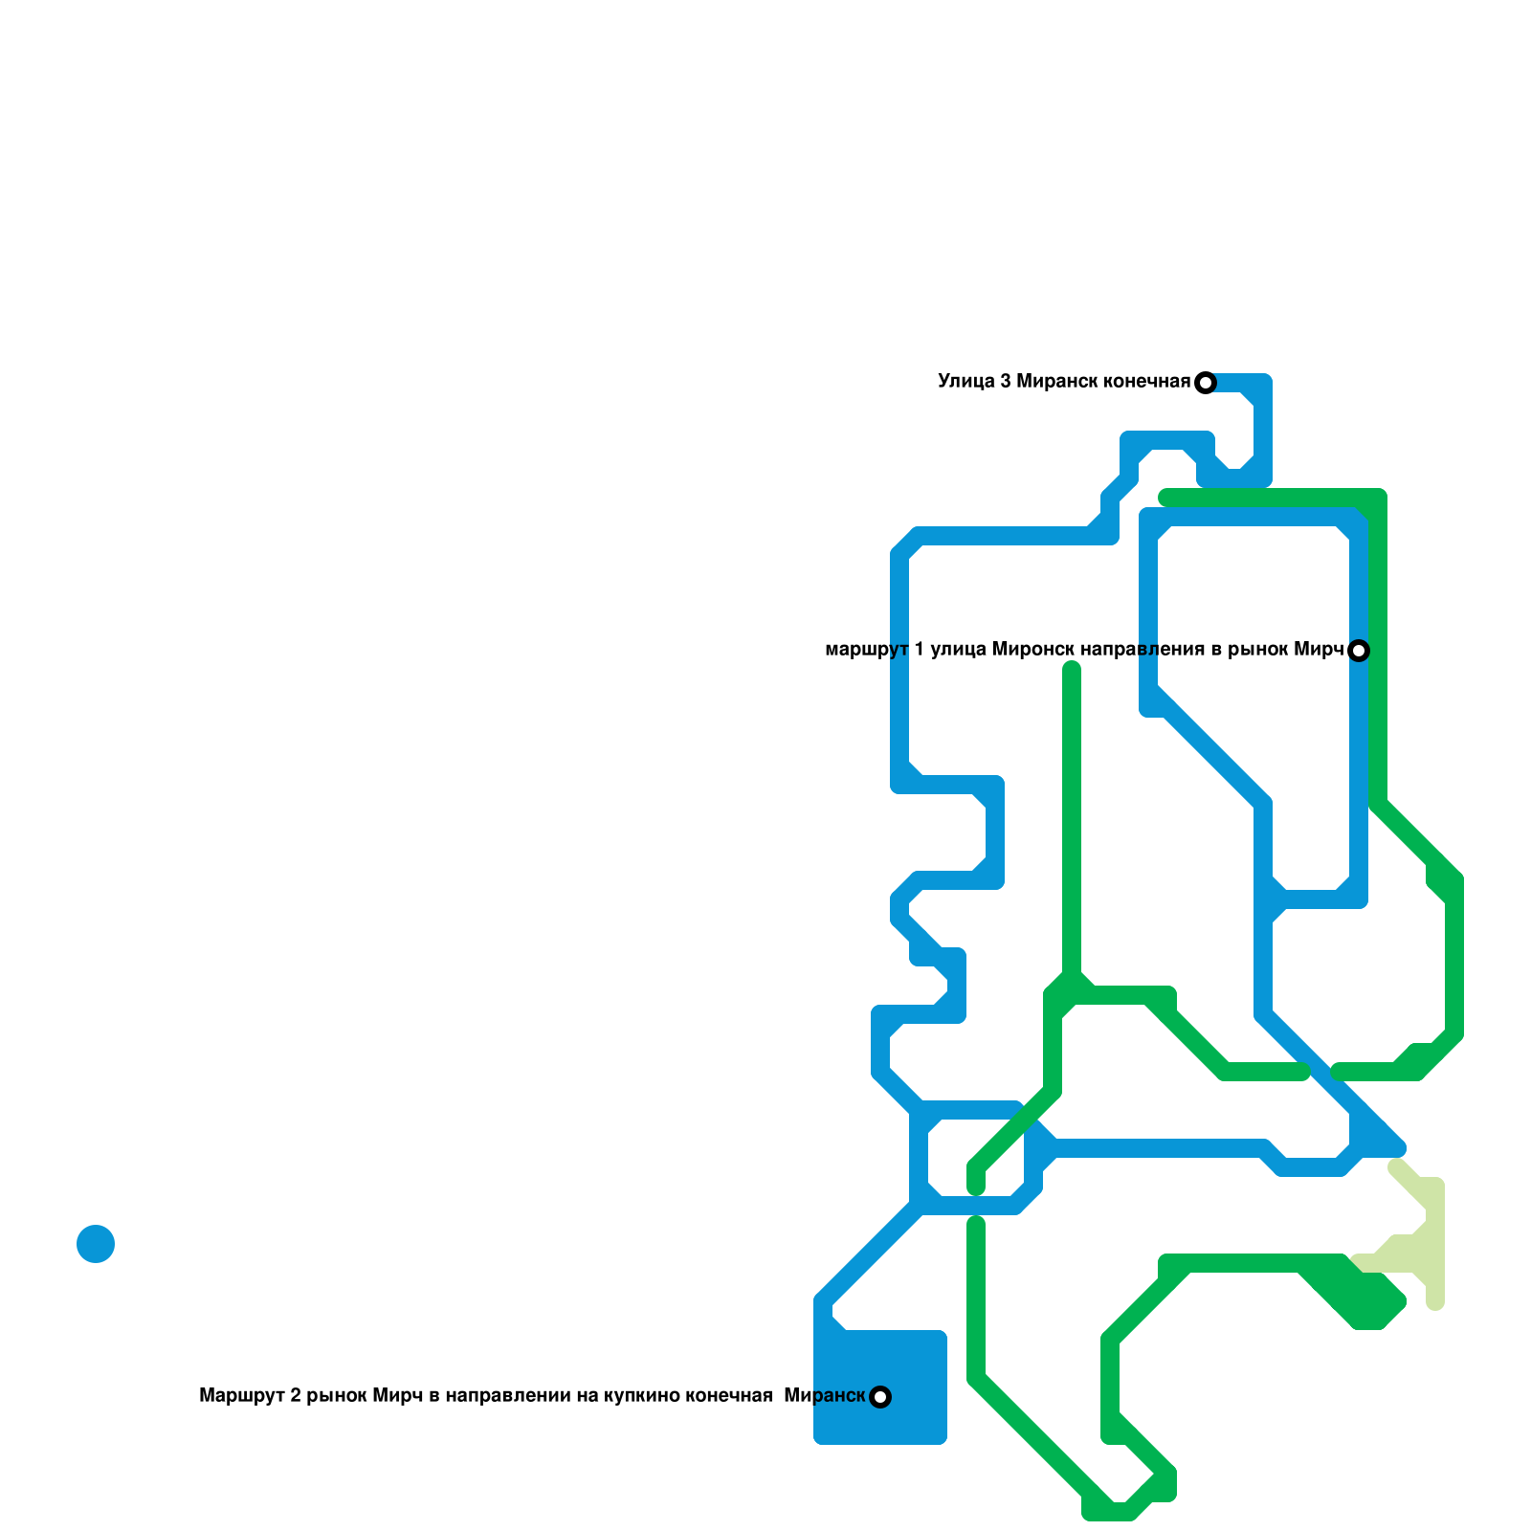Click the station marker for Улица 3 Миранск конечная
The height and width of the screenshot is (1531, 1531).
[1206, 383]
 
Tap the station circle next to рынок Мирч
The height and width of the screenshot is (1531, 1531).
[1359, 651]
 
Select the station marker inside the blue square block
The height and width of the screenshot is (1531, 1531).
[880, 1397]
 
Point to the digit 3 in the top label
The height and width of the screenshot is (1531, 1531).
[1006, 382]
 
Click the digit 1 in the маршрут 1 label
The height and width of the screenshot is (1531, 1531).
[919, 650]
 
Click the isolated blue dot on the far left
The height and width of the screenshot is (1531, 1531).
[96, 1244]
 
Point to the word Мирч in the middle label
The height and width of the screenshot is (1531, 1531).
[1320, 650]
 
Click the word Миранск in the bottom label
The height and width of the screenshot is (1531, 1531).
[824, 1396]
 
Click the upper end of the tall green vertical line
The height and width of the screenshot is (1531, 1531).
[1072, 670]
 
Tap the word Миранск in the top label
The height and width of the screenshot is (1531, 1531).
[1056, 382]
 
